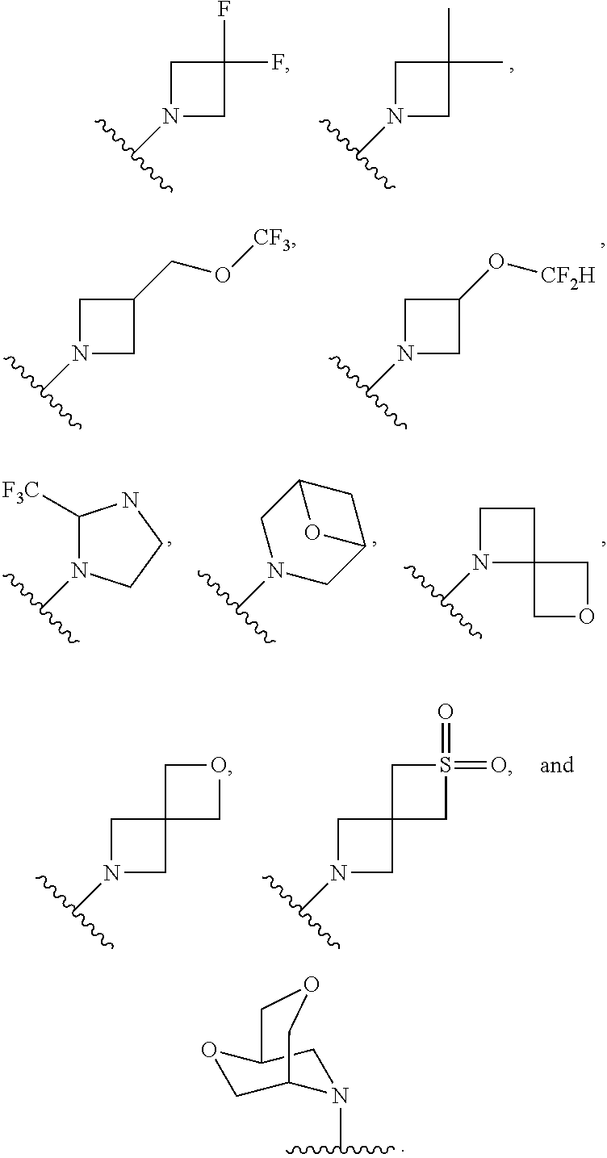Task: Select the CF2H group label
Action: coord(567,278)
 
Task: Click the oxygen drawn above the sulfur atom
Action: coord(446,713)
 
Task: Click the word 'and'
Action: coord(556,764)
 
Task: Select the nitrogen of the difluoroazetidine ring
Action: coord(170,116)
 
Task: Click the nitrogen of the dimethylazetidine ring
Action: coord(394,116)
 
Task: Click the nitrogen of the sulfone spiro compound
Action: coord(338,872)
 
